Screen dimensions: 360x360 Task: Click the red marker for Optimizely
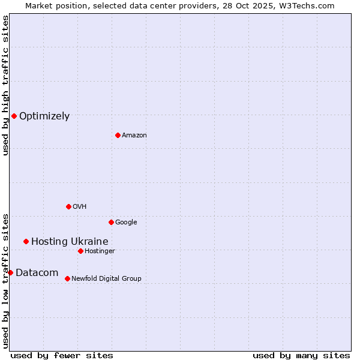(x=14, y=116)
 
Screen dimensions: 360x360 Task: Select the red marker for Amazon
(x=118, y=135)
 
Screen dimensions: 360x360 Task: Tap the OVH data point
(x=68, y=206)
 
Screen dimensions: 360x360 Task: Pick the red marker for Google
(x=111, y=222)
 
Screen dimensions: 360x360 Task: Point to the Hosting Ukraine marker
(x=26, y=241)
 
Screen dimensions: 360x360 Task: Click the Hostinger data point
(x=80, y=251)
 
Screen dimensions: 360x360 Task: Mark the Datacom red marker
(x=10, y=272)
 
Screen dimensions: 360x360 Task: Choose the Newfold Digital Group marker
(x=67, y=278)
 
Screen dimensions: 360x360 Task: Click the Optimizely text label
(x=44, y=116)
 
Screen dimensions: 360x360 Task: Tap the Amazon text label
(x=134, y=136)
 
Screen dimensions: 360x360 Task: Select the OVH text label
(x=80, y=207)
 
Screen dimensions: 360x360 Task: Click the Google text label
(x=126, y=223)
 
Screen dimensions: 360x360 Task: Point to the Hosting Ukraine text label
(x=70, y=242)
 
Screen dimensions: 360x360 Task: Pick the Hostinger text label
(x=100, y=251)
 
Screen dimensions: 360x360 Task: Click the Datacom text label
(x=37, y=273)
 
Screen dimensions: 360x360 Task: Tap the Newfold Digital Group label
(x=106, y=279)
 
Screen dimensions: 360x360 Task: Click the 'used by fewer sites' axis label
(x=62, y=355)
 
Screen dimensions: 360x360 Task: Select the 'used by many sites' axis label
(x=301, y=355)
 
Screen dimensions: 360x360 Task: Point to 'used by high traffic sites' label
(x=5, y=85)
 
